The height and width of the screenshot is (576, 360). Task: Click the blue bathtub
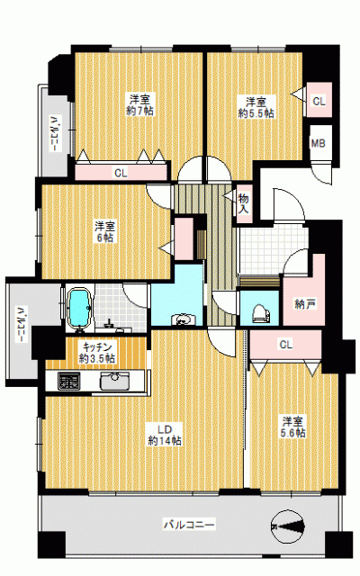[80, 307]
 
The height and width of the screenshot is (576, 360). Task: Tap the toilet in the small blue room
[261, 313]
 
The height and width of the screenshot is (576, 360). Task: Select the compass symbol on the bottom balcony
[288, 526]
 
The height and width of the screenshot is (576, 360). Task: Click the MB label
[319, 143]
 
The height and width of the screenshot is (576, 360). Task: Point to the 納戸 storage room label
[306, 304]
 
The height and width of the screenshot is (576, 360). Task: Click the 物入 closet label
[244, 203]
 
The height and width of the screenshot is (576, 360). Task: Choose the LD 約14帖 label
[165, 435]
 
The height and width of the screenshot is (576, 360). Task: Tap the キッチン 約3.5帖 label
[97, 352]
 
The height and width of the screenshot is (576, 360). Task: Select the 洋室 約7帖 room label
[139, 104]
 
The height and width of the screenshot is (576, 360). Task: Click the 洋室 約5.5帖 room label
[256, 107]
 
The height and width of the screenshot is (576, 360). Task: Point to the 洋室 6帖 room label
[105, 231]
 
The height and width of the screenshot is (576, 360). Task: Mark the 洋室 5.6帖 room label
[292, 427]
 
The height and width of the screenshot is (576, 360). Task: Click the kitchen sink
[115, 381]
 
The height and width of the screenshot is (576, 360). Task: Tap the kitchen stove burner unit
[69, 381]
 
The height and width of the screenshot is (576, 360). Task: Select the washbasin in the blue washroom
[181, 319]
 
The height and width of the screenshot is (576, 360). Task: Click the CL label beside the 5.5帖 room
[319, 101]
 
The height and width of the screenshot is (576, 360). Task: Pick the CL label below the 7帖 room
[121, 173]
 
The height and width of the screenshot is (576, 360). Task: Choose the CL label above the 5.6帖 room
[286, 345]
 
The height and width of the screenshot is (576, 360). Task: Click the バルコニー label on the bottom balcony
[189, 524]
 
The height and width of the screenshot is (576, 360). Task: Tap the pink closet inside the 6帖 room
[184, 239]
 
